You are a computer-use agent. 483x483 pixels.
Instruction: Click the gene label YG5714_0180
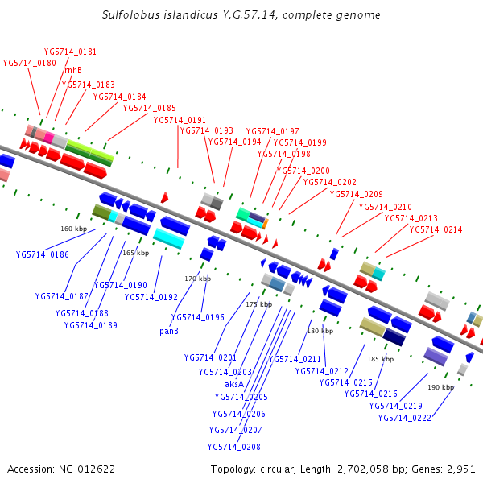[x=30, y=62]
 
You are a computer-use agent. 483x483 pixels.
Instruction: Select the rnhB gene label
[x=73, y=70]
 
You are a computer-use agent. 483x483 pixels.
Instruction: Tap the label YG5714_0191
[x=180, y=120]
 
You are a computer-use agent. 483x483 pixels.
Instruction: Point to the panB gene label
[x=168, y=329]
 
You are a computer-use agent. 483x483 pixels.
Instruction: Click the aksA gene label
[x=236, y=384]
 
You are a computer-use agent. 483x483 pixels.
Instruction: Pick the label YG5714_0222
[x=404, y=417]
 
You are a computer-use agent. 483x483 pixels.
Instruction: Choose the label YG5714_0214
[x=436, y=229]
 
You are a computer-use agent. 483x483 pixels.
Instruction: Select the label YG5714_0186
[x=43, y=254]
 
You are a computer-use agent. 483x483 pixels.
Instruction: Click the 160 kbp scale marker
[x=73, y=229]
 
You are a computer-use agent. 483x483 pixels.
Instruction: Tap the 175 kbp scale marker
[x=259, y=304]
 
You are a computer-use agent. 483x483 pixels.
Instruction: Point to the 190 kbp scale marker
[x=441, y=387]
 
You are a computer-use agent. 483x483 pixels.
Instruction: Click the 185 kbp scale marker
[x=381, y=359]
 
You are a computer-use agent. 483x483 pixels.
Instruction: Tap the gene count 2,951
[x=460, y=469]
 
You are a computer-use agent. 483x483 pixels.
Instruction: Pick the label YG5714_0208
[x=233, y=447]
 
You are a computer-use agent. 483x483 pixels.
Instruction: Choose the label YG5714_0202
[x=329, y=182]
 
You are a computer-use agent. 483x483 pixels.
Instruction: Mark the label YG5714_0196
[x=198, y=317]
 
